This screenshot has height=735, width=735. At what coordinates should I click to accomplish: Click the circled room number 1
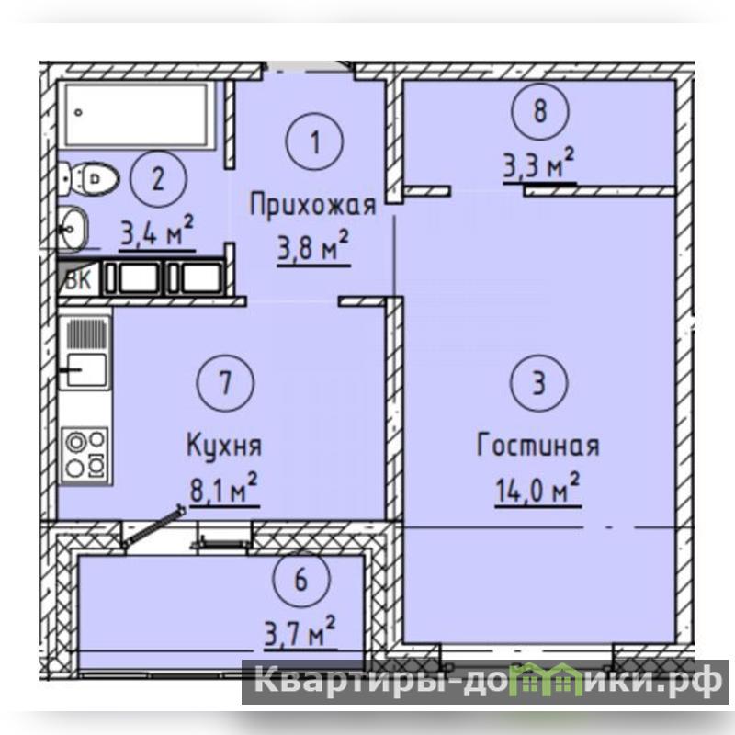[314, 141]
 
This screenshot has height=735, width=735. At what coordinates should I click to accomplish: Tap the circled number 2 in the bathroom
[158, 178]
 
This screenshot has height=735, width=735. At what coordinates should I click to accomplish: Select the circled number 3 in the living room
[539, 382]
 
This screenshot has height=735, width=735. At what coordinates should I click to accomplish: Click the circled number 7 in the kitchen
[225, 382]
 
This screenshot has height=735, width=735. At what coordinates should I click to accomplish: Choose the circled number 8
[540, 111]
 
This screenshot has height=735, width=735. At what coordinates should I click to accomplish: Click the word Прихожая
[312, 206]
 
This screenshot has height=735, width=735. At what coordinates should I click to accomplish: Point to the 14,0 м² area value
[537, 488]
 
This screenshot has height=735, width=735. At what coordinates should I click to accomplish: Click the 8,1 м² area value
[224, 488]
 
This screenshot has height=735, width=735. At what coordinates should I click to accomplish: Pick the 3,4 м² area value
[157, 231]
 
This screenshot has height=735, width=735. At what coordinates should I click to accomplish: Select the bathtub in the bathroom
[136, 115]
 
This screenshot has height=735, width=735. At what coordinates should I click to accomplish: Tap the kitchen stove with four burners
[85, 455]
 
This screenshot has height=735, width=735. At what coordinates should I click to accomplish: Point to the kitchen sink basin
[86, 370]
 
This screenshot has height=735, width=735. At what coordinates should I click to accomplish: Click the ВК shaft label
[79, 280]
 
